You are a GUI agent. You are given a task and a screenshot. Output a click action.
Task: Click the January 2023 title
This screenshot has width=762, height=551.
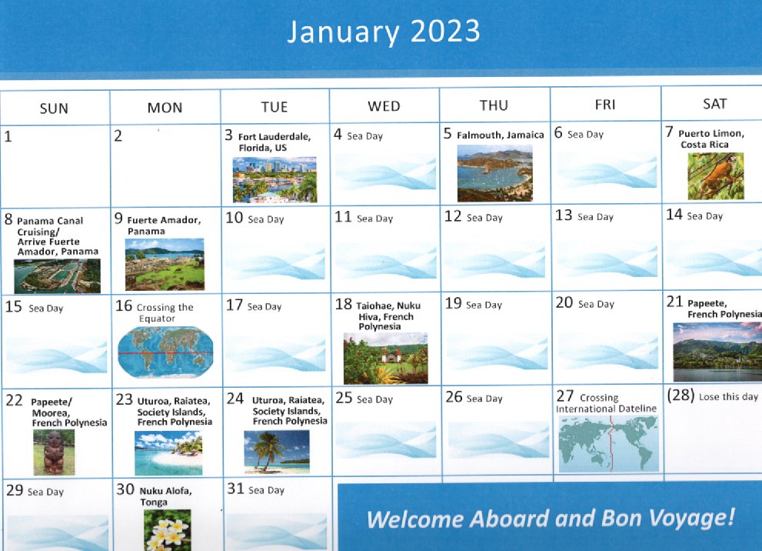[x=384, y=32]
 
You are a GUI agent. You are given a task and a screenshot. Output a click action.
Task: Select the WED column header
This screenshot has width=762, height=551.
[x=384, y=106]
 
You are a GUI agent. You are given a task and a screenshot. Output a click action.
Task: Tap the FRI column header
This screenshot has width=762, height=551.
[x=605, y=105]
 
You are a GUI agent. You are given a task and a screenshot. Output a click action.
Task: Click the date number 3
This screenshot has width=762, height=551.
[x=228, y=135]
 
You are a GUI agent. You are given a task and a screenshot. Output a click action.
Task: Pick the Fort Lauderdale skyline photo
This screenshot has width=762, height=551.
[x=275, y=179]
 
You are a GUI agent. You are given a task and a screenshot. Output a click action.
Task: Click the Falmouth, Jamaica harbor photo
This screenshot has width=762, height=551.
[x=494, y=173]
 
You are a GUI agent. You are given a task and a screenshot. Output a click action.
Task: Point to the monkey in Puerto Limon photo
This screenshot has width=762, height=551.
[x=715, y=176]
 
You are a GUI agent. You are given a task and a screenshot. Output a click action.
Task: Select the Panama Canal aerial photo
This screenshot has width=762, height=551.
[x=58, y=275]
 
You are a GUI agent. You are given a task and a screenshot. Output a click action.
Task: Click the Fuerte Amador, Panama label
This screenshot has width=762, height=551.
[x=164, y=225]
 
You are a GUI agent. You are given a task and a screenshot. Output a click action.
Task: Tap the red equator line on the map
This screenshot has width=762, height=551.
[x=165, y=352]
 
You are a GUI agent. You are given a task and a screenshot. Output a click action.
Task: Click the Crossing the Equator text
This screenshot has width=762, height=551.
[x=165, y=312]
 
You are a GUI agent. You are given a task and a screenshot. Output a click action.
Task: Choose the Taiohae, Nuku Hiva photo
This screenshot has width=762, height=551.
[x=385, y=359]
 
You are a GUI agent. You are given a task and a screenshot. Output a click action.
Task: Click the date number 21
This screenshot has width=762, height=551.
[x=674, y=302]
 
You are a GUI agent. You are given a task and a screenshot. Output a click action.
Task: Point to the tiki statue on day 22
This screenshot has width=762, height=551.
[x=54, y=452]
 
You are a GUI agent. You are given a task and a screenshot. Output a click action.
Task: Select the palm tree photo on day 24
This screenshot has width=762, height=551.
[x=276, y=452]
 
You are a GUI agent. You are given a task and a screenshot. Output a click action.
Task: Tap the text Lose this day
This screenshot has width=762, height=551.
[x=728, y=397]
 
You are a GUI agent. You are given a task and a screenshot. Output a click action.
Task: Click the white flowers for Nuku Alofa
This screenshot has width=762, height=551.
[x=167, y=530]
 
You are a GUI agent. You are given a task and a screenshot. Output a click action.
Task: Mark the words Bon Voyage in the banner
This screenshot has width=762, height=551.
[x=667, y=519]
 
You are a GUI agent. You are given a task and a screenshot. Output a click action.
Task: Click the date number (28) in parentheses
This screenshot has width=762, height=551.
[x=680, y=395]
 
